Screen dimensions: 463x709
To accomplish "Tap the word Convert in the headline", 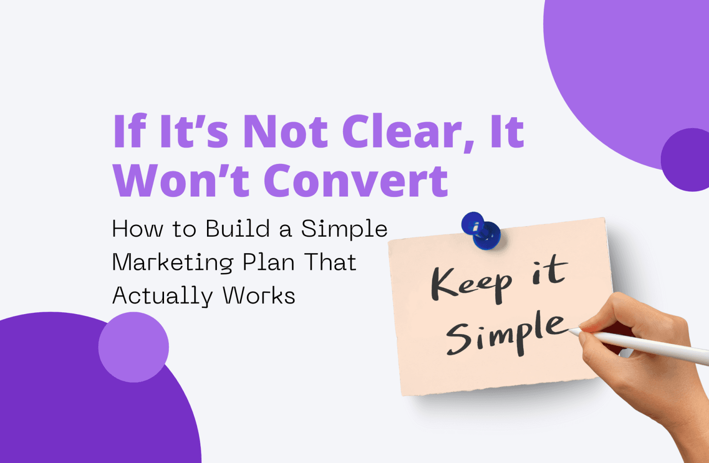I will pos(356,181).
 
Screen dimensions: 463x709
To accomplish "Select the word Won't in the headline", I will pos(182,181).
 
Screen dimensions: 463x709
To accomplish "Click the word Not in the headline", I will pos(285,132).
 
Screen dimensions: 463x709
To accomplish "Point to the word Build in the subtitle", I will pos(238,229).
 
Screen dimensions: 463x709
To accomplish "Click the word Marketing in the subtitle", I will pos(173,263).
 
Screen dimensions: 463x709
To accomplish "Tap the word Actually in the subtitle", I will pos(163,297).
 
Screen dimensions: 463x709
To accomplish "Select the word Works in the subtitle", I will pos(259,296).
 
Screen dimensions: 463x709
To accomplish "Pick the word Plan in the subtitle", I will pos(268,263).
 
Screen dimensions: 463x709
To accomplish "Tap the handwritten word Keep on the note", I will pos(471,283).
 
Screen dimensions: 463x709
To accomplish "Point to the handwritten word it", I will pos(549,272).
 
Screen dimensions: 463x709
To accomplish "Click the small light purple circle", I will pos(133,347).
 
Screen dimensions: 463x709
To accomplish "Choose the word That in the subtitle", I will pos(330,263).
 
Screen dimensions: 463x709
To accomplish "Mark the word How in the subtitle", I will pos(138,229).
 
